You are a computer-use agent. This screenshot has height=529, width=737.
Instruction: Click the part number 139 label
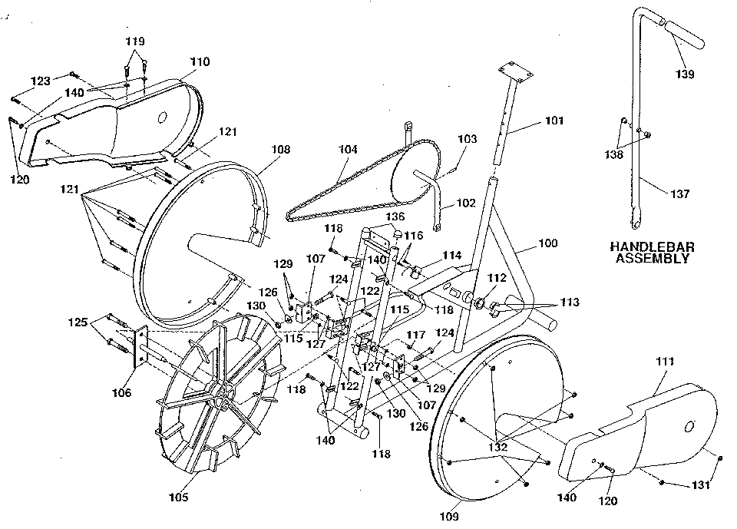[685, 74]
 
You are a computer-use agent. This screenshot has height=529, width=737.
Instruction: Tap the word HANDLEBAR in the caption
[652, 247]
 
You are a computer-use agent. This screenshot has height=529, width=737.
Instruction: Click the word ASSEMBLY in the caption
[652, 259]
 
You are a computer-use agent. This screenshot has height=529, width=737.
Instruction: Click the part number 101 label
[554, 121]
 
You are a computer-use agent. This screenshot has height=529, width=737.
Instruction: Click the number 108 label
[281, 149]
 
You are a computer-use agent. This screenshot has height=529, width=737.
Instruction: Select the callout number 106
[121, 393]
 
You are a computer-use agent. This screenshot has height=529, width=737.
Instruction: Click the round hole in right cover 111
[689, 426]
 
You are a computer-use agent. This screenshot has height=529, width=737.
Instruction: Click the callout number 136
[395, 217]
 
